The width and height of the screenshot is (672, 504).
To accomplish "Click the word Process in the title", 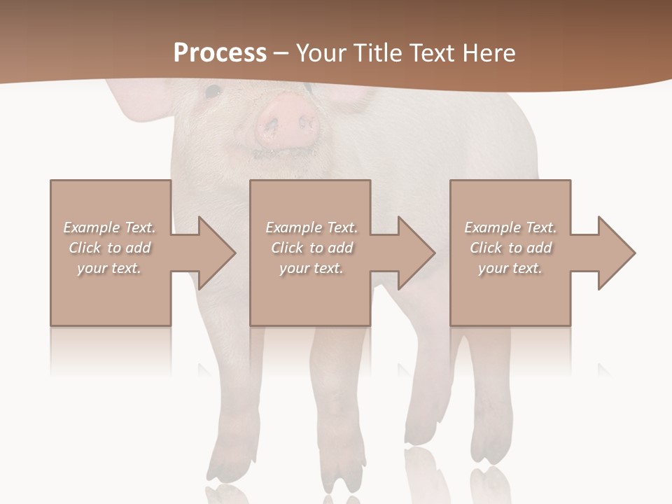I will [x=220, y=53].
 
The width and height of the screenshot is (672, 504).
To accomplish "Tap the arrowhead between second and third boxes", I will [x=416, y=253].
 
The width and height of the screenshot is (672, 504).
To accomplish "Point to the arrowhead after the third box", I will [x=616, y=253].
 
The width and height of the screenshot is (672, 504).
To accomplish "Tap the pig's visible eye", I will [x=213, y=90].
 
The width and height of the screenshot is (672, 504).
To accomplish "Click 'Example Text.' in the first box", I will [x=109, y=227].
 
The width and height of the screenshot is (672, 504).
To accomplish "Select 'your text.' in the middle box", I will [x=311, y=268].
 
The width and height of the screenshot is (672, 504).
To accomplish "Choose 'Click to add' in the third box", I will [x=511, y=248].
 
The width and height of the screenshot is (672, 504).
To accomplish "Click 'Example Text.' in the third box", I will [x=511, y=227].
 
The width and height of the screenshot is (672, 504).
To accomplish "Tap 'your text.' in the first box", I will [x=109, y=268].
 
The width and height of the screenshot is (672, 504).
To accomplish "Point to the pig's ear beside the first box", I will [x=133, y=105].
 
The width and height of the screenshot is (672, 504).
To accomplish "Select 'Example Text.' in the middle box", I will [x=311, y=227].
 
